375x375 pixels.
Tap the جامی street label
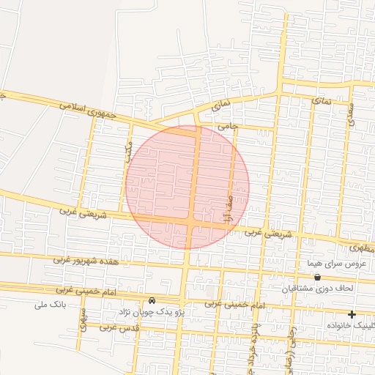[229, 126]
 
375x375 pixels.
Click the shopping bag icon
[317, 277]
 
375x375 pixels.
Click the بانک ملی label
[50, 304]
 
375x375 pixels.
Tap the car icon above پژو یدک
[152, 300]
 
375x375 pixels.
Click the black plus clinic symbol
[352, 314]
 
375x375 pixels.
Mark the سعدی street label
[352, 113]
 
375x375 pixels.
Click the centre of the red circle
[187, 187]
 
